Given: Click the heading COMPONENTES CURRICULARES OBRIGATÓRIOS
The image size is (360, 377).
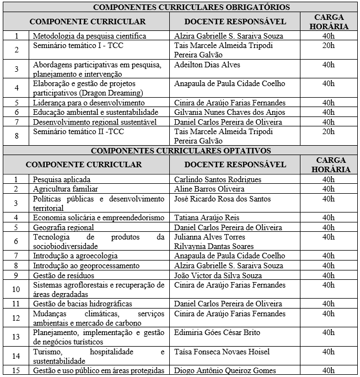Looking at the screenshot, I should tap(180, 7).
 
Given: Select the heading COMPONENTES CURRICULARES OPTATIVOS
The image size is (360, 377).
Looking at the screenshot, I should tap(180, 150).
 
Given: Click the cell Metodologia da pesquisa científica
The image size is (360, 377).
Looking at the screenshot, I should tap(89, 36).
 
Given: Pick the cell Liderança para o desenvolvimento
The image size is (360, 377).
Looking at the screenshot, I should tap(89, 103).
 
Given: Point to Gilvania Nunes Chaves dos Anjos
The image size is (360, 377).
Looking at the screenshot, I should tap(230, 112).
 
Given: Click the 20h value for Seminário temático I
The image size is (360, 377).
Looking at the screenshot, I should tap(329, 46).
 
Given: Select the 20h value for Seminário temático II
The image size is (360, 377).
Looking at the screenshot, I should tap(329, 131).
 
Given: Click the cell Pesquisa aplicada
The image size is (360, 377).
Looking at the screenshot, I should tap(62, 179).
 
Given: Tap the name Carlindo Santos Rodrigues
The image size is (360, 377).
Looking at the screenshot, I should tap(218, 179).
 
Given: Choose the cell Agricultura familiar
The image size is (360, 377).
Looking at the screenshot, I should tap(65, 189).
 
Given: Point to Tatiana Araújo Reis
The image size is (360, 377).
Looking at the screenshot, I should tap(207, 217).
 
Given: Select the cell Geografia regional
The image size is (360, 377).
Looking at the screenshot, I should tap(64, 227).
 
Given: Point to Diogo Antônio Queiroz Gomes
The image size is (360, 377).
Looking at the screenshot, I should tap(225, 370).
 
